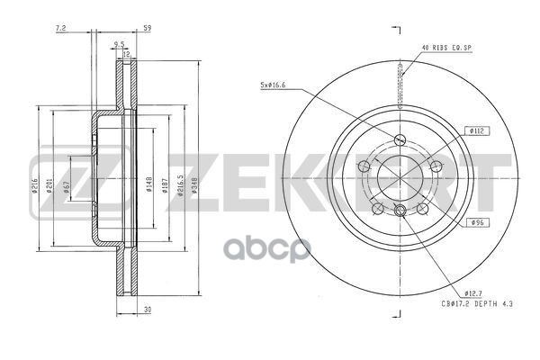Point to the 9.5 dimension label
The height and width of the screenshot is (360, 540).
pos(119,43)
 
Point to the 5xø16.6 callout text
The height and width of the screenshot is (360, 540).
pos(272,85)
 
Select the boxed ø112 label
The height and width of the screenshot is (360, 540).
pos(477,130)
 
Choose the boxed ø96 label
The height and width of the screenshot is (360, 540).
pos(477,221)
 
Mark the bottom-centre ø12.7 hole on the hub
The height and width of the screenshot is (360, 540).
pos(400,210)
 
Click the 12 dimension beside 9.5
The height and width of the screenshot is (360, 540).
pos(127,54)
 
